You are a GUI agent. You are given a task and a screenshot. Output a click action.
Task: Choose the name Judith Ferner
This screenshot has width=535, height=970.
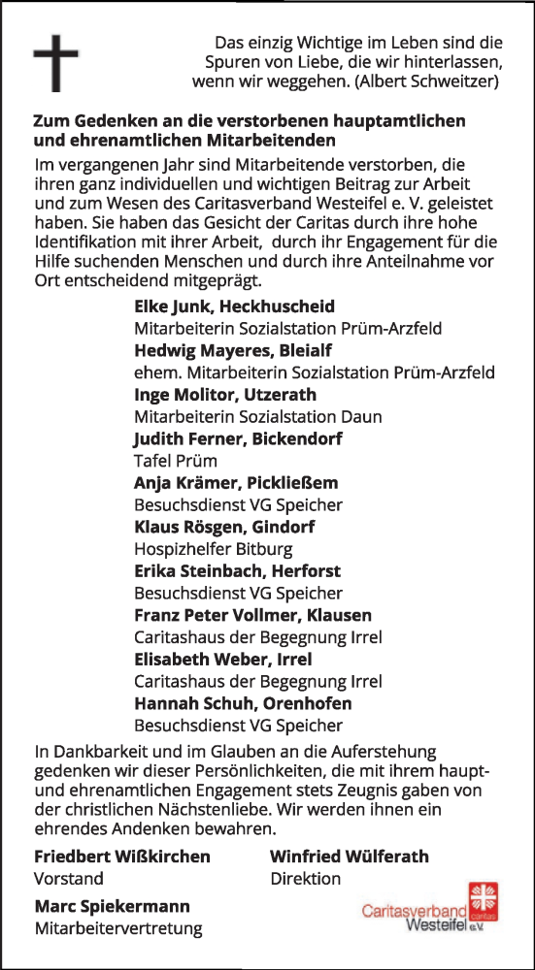pos(187,439)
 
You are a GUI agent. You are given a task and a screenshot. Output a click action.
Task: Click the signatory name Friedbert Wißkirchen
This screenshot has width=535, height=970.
pos(121,857)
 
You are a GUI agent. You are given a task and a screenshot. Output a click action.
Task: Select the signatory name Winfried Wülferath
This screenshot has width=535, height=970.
pos(349,857)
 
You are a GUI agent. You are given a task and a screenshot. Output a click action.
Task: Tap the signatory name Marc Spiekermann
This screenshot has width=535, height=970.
pos(112,907)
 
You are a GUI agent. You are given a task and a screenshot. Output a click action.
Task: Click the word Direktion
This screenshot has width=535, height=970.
pos(305,879)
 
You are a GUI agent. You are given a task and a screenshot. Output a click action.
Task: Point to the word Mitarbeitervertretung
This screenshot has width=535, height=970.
pos(117,929)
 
